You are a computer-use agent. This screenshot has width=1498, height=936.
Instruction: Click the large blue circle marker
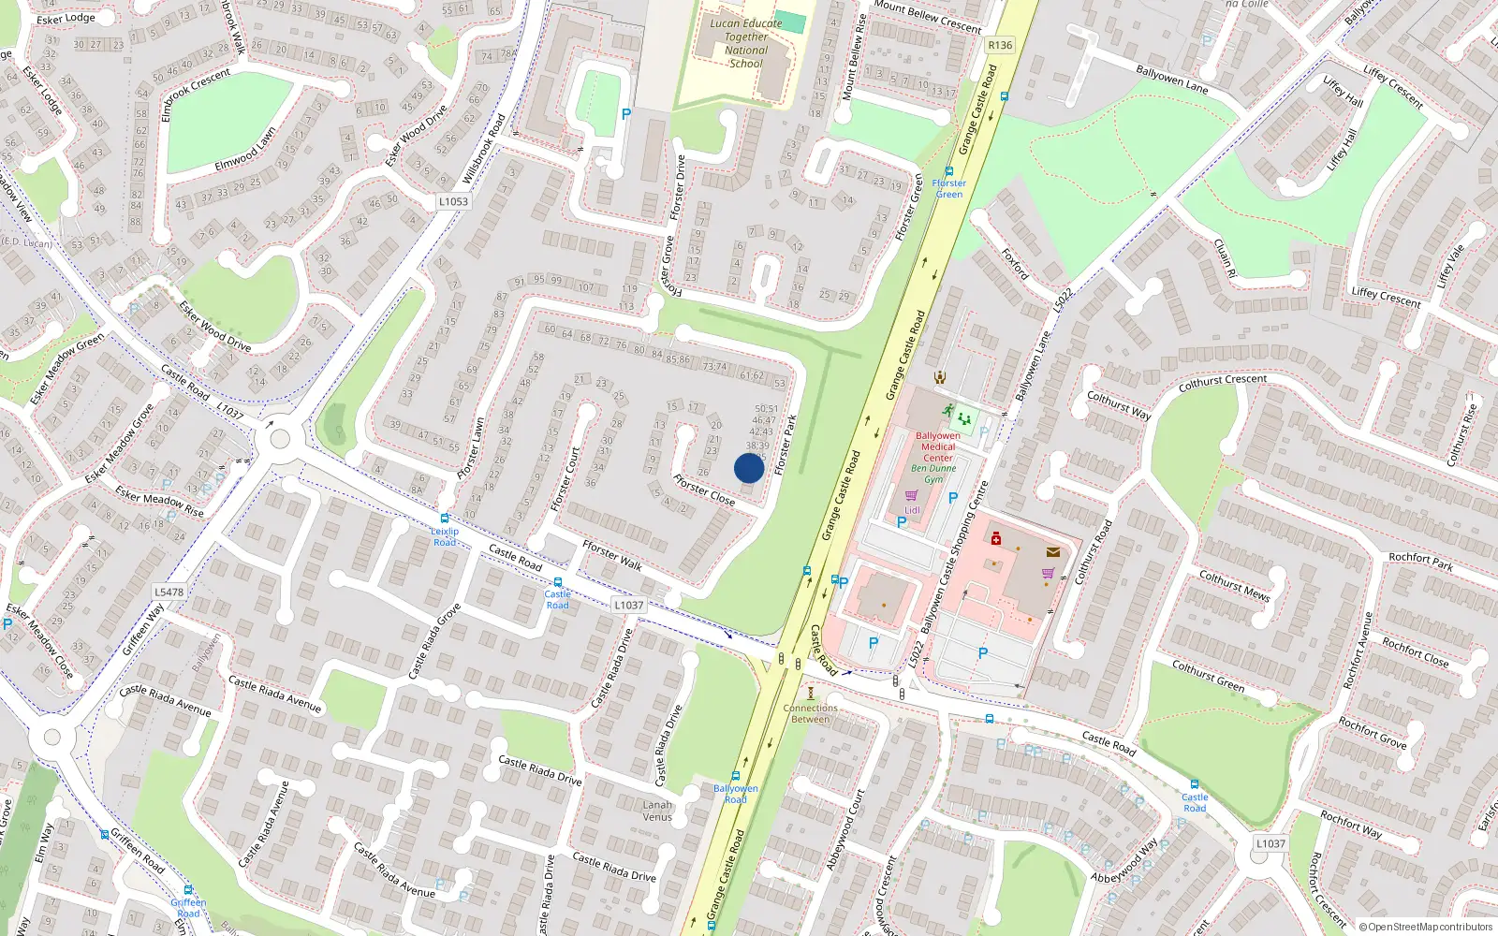coord(749,468)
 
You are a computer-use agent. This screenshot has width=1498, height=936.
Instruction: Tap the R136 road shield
coord(1000,45)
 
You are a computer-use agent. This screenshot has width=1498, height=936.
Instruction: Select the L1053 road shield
coord(453,201)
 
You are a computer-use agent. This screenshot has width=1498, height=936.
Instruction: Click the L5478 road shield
coord(169,592)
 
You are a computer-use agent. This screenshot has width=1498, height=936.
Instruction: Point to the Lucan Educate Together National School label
coord(746,44)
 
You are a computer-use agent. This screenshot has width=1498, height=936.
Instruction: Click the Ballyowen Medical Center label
coord(938,446)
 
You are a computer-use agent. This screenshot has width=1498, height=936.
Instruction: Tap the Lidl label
coord(912,510)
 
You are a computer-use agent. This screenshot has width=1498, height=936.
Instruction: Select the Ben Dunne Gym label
coord(933,474)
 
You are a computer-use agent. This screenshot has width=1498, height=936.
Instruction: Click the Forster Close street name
coord(704,490)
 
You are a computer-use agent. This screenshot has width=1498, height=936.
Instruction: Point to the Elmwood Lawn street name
coord(245,150)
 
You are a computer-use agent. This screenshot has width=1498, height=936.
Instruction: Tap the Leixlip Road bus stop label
coord(445,536)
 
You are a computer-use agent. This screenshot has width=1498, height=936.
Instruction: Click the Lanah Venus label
coord(657,811)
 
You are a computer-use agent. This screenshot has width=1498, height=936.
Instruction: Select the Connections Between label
coord(811,713)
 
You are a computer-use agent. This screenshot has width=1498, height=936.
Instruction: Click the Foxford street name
coord(1015,264)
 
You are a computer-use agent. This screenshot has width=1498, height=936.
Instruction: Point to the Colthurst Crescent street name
coord(1223,383)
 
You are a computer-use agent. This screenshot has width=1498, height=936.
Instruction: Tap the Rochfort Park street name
coord(1421,562)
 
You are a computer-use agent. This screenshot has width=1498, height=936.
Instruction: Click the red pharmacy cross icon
coord(996,539)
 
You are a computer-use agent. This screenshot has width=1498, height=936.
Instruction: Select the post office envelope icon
coord(1053,552)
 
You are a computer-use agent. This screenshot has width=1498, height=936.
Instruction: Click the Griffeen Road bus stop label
coord(188,908)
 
